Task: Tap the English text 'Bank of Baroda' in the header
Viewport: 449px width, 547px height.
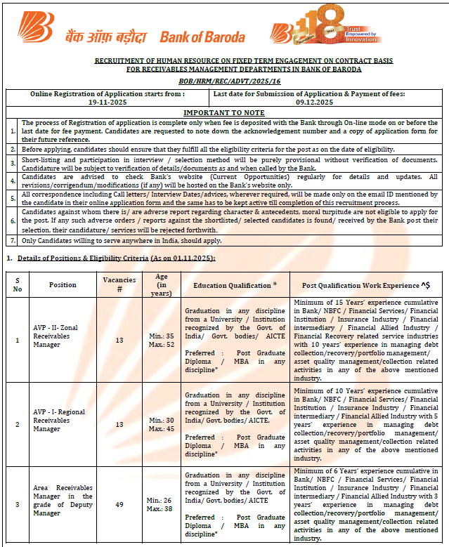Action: [202, 37]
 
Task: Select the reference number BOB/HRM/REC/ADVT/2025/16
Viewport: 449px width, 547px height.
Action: [224, 81]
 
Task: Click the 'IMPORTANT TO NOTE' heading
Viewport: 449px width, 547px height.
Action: [224, 112]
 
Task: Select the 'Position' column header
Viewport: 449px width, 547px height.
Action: [63, 285]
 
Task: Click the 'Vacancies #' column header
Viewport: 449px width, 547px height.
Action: [119, 285]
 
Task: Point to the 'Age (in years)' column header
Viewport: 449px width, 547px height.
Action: [161, 285]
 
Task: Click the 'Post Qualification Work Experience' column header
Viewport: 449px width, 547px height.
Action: [366, 285]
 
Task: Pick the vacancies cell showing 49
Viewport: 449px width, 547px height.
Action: [119, 504]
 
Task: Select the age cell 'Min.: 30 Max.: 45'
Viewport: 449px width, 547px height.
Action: [161, 424]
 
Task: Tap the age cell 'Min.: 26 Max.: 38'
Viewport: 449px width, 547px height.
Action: [161, 504]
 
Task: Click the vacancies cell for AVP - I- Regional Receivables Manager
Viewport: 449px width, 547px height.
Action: [119, 424]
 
